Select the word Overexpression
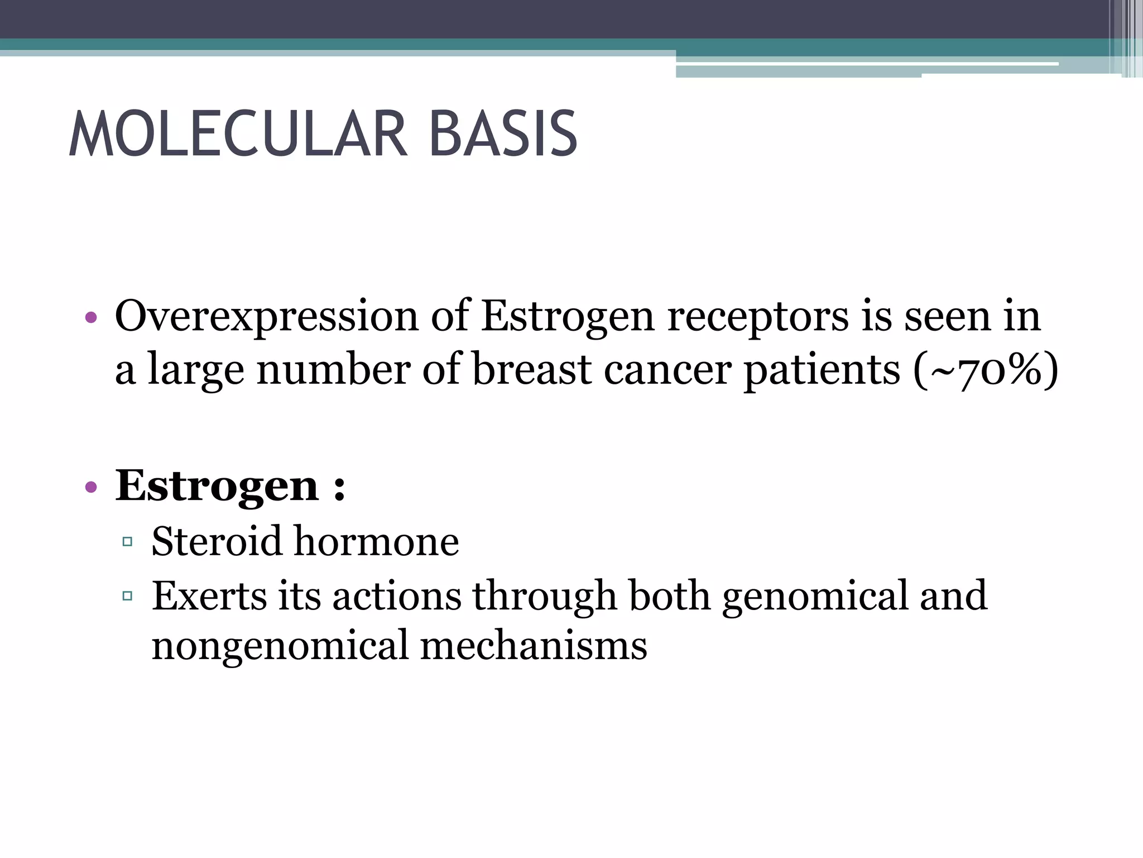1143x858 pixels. tap(266, 317)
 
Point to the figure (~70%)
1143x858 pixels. tap(986, 370)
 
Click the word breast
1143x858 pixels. tap(532, 370)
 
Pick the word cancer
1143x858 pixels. tap(667, 370)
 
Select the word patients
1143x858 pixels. tap(822, 370)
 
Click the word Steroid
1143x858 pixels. tap(217, 542)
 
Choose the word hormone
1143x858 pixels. tap(376, 542)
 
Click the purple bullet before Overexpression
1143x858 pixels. tap(91, 319)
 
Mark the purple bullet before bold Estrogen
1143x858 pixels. tap(91, 488)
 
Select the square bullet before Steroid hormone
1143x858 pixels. tap(127, 541)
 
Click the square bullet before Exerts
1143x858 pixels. tap(127, 596)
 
